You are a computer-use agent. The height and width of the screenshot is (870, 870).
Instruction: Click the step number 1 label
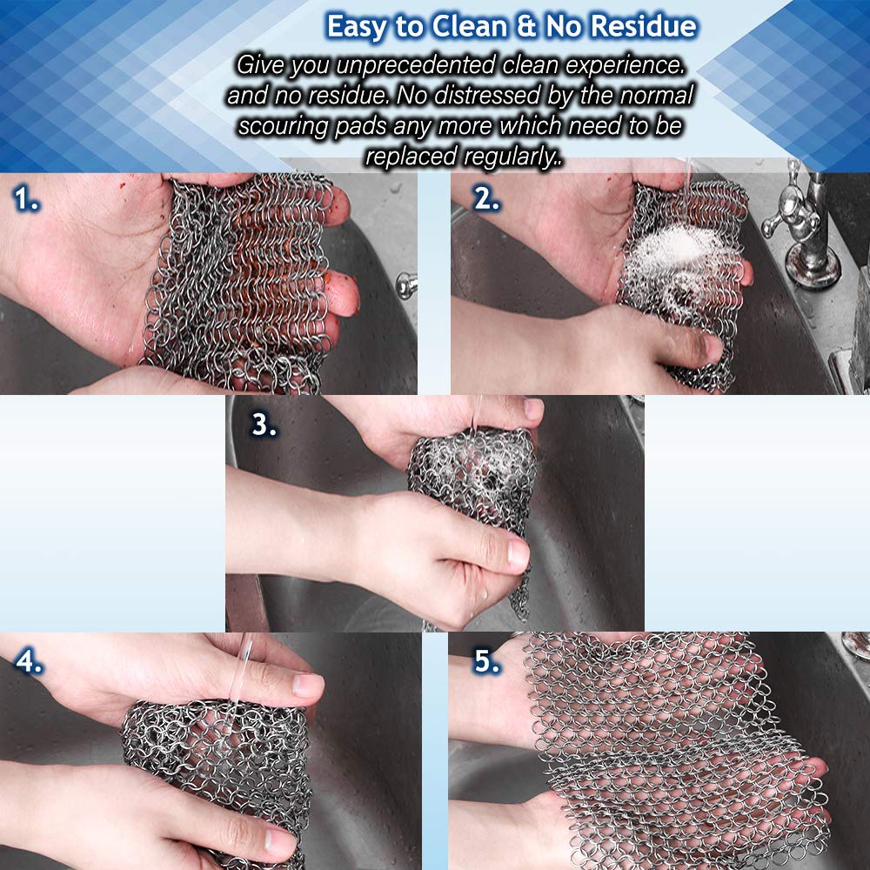(26, 199)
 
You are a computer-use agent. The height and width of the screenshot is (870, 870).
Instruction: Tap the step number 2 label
(486, 198)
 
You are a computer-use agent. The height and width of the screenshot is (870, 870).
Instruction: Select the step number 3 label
(264, 425)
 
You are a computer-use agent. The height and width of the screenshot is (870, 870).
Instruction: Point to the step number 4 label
(29, 661)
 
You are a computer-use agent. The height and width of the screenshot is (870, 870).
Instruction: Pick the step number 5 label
(486, 661)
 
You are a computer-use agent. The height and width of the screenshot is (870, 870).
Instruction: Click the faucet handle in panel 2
(791, 214)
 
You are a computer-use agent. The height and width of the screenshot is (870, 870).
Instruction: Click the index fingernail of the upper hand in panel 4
(308, 686)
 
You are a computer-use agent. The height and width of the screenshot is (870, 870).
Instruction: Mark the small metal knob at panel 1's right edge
(406, 285)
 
